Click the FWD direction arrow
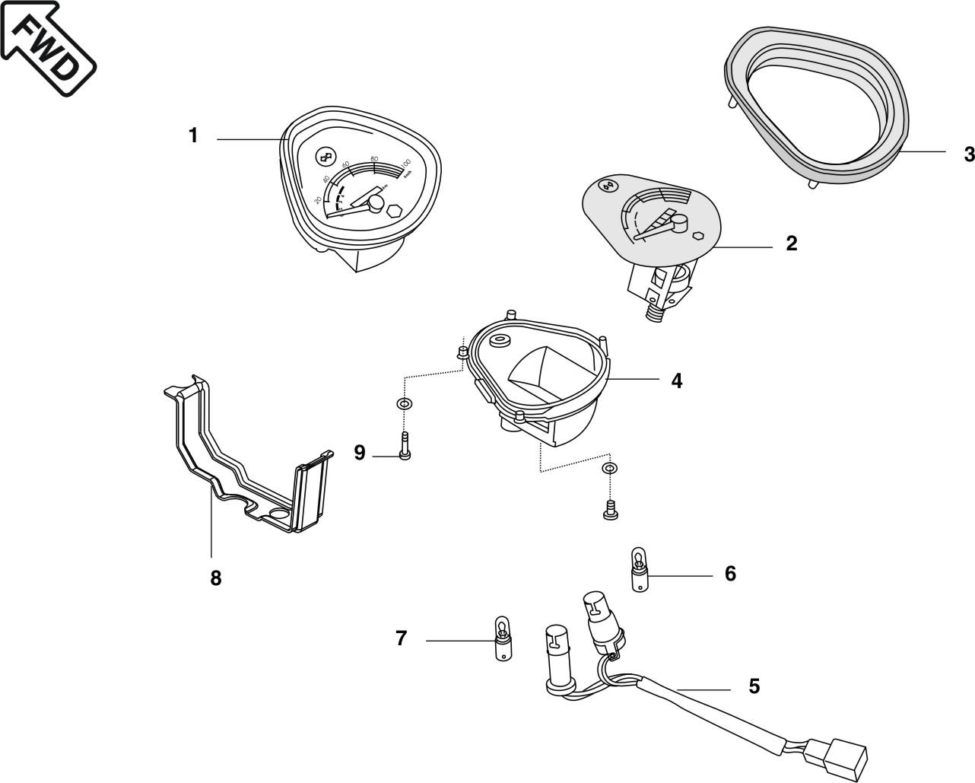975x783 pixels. (x=47, y=47)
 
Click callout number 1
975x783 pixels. (x=193, y=135)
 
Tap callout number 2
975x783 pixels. (x=792, y=243)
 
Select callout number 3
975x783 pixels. (x=968, y=154)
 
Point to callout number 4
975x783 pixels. (x=677, y=380)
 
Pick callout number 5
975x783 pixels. (x=754, y=686)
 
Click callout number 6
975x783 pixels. (x=730, y=573)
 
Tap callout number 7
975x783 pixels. (x=402, y=638)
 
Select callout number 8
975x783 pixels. (x=216, y=578)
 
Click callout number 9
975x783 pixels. (x=360, y=454)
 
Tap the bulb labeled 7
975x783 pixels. (x=503, y=641)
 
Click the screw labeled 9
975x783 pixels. (x=404, y=447)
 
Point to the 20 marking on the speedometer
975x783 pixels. (x=317, y=200)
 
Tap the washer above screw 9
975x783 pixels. (x=403, y=403)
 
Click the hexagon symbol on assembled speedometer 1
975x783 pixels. (x=394, y=211)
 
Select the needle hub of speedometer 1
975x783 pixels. (x=375, y=204)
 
